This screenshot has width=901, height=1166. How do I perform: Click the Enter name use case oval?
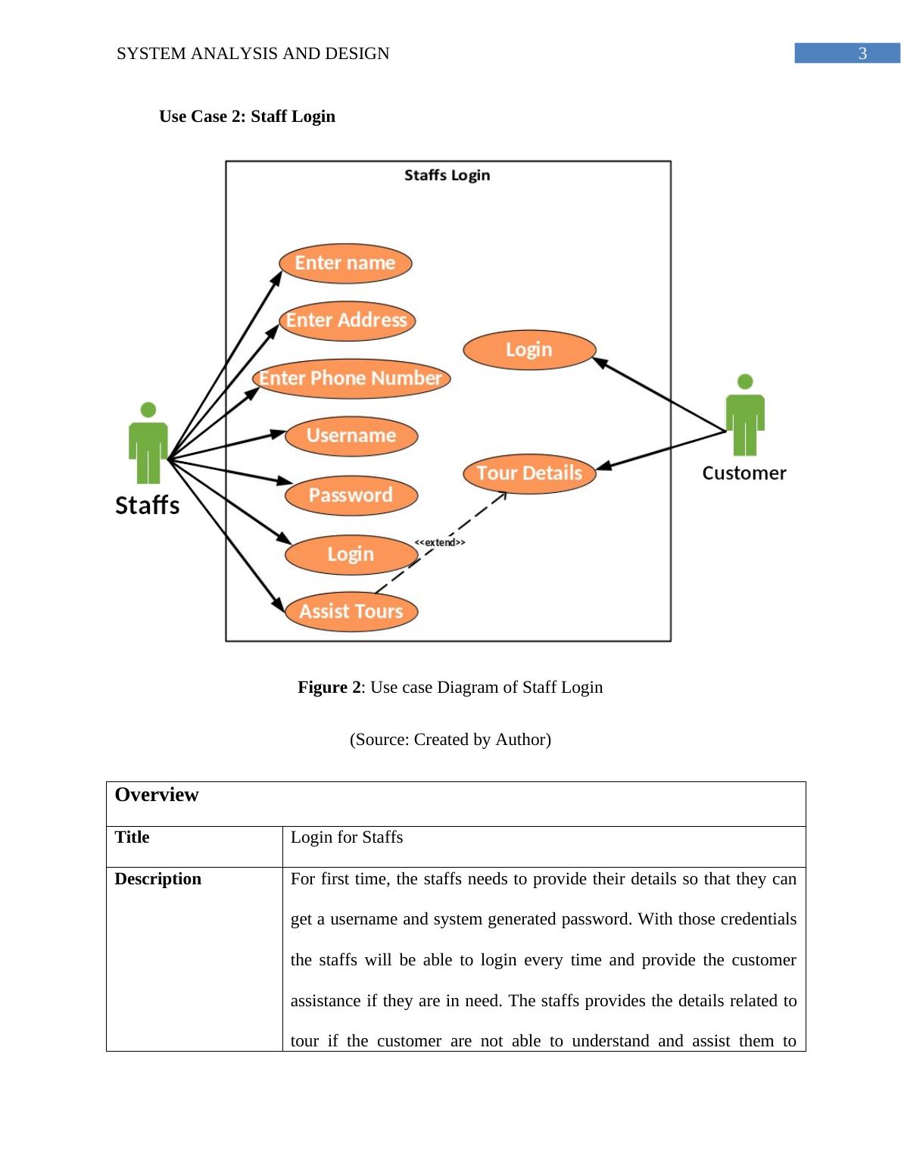345,263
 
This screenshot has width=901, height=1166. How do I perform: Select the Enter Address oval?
347,320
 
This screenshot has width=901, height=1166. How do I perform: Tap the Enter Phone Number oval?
351,378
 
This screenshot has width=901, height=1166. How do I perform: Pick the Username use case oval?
351,436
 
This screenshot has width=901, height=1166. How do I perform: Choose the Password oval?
351,495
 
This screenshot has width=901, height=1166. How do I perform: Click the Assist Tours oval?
351,611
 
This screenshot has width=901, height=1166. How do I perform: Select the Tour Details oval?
529,473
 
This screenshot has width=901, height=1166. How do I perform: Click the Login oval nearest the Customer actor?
529,350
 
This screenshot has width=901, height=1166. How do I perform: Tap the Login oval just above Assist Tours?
351,554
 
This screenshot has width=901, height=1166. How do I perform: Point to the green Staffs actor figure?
148,444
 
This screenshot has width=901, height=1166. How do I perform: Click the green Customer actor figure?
745,416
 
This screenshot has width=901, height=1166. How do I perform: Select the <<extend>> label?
440,542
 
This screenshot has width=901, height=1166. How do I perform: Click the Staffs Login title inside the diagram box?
447,175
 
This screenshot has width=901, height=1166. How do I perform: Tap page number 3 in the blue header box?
862,54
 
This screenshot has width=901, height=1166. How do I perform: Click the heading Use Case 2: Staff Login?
247,117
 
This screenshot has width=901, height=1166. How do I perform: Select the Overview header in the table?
157,795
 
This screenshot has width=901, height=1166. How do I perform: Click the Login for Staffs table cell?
347,837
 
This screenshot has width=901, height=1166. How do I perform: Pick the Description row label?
158,879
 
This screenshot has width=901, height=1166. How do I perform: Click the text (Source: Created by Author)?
450,740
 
